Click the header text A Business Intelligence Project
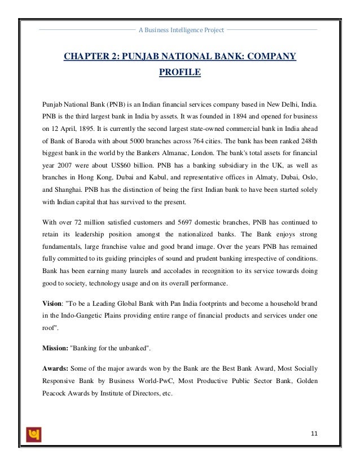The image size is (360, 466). coord(181,29)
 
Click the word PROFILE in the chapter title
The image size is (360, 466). coord(180,73)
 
